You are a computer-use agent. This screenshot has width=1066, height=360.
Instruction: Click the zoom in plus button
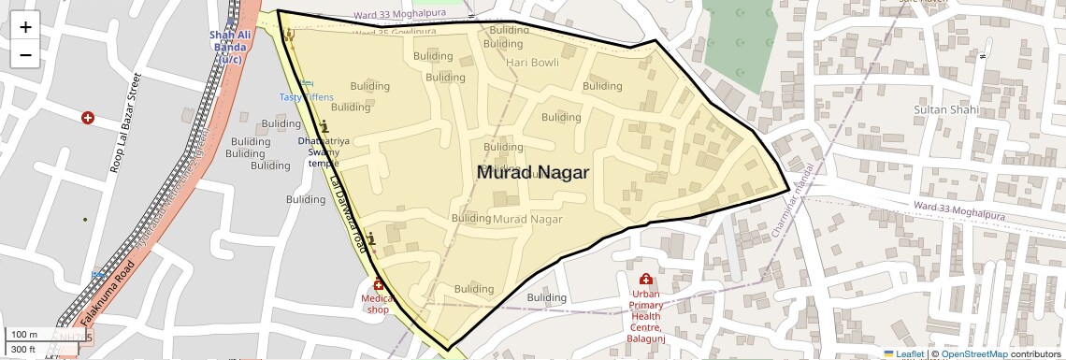25,27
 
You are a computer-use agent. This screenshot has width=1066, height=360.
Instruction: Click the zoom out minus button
25,54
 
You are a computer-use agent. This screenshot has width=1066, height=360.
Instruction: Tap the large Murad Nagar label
533,172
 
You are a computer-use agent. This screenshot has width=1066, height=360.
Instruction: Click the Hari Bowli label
531,63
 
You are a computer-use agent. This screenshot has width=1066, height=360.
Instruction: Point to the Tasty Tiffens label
306,97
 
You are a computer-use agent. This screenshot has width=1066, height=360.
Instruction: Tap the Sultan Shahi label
945,110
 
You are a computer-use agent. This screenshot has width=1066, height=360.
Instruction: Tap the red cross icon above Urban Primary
645,280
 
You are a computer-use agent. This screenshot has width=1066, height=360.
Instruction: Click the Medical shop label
378,304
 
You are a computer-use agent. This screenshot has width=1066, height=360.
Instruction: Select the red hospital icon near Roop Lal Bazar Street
88,118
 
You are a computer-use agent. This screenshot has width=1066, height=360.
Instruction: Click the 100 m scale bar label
26,334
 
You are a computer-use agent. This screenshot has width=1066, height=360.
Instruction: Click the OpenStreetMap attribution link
973,353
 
